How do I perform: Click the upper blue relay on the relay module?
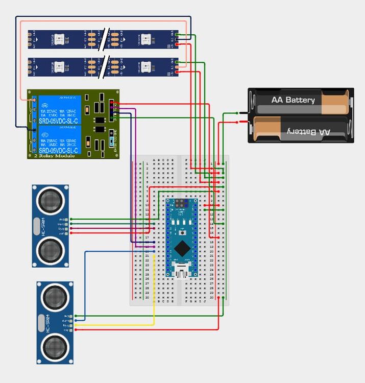(x=58, y=108)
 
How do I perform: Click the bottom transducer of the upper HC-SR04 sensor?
(x=50, y=251)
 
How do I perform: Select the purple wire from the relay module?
(x=136, y=179)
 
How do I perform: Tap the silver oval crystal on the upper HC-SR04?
(x=37, y=226)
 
